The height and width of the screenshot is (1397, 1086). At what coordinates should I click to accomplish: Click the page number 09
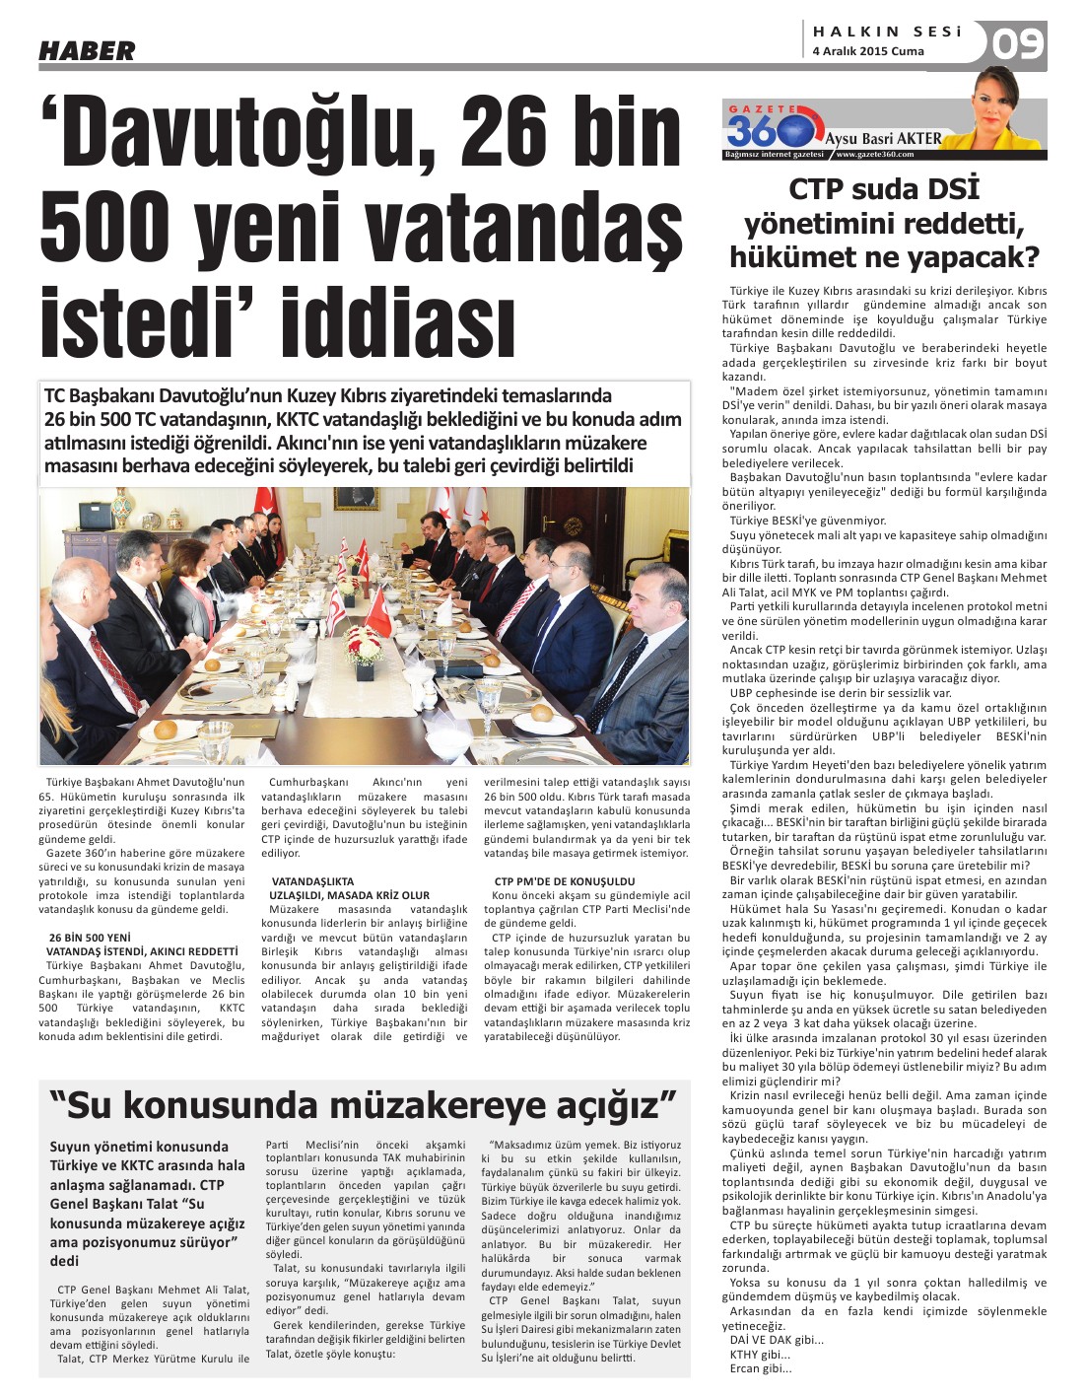click(1018, 45)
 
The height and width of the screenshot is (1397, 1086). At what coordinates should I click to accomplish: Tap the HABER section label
click(87, 51)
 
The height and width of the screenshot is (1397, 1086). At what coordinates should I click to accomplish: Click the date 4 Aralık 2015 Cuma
click(867, 51)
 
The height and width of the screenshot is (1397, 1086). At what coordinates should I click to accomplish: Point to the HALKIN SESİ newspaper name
click(886, 31)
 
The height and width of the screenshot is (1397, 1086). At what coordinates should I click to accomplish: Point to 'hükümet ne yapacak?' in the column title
click(884, 258)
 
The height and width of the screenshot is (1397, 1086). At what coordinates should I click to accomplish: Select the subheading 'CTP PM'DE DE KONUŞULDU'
click(564, 881)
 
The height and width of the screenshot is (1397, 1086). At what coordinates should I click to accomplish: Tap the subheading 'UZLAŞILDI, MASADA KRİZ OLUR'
click(349, 894)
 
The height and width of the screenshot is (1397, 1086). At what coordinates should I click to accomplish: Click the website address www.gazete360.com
click(874, 155)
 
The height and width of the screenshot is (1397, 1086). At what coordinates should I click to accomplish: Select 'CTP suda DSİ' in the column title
click(884, 189)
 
